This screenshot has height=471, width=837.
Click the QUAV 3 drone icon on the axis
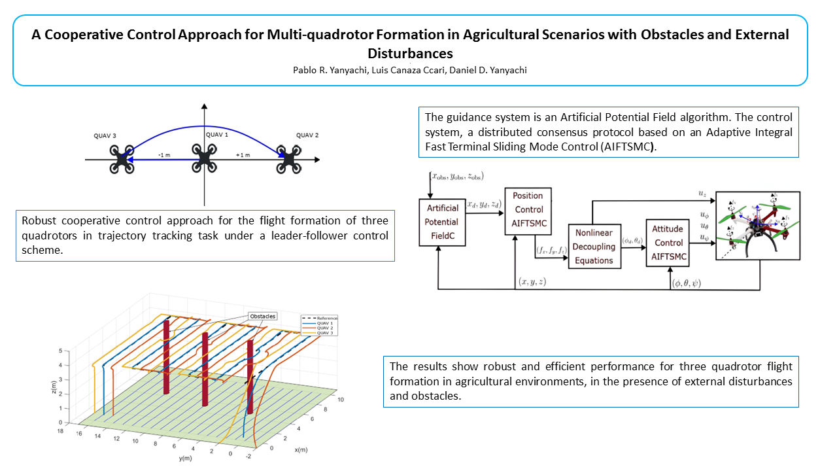click(x=122, y=159)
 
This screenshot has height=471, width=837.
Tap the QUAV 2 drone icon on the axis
click(x=288, y=158)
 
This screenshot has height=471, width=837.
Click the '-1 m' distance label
click(x=164, y=155)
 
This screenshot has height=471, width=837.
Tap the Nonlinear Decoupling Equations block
click(x=594, y=247)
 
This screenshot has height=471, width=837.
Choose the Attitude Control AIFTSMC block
click(x=668, y=243)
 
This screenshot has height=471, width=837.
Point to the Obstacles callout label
click(x=262, y=316)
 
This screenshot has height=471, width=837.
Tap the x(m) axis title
click(x=301, y=449)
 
